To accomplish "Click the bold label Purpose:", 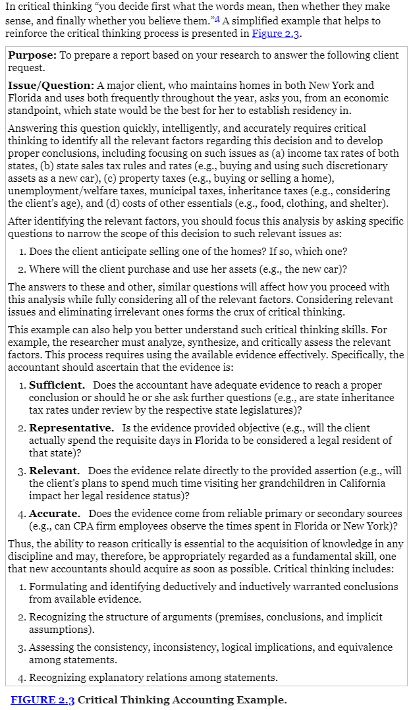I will [x=32, y=55].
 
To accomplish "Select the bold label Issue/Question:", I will [x=51, y=85].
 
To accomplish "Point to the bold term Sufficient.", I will [x=57, y=385].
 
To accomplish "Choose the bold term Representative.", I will [x=71, y=427].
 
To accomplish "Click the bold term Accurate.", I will [x=55, y=513].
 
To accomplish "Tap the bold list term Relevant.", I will [x=55, y=470].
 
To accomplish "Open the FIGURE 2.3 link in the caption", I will [x=42, y=699].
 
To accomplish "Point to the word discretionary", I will [x=354, y=165].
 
